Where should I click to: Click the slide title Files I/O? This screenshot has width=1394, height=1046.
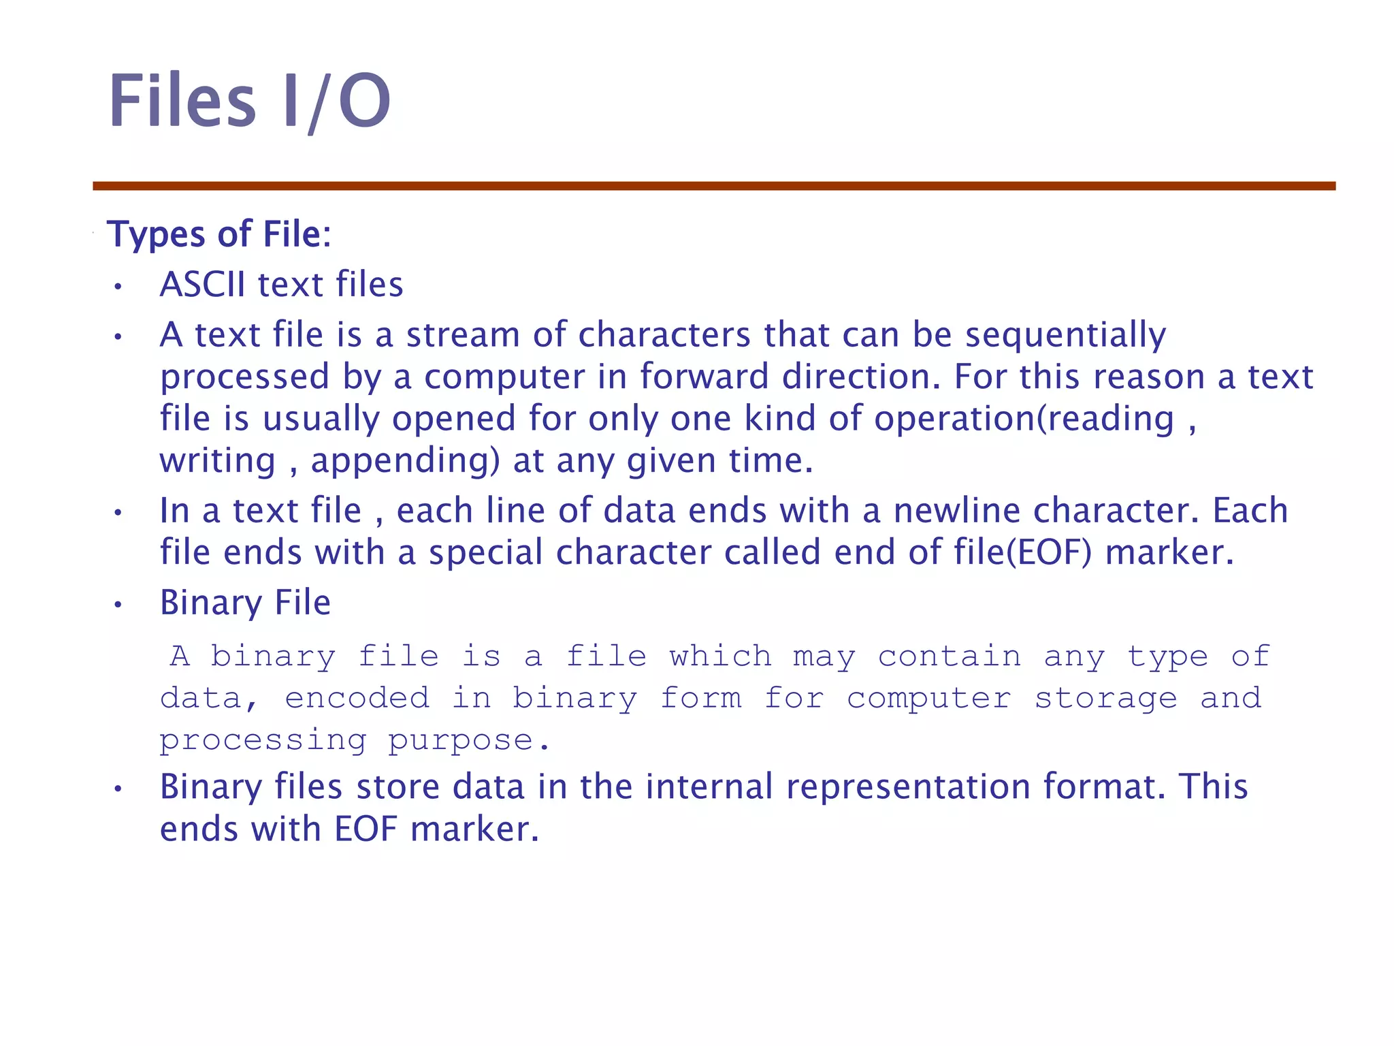point(250,101)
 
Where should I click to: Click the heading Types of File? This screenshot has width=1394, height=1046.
point(218,234)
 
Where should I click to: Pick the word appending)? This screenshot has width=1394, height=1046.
point(405,461)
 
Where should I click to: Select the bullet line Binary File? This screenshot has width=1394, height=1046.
point(245,603)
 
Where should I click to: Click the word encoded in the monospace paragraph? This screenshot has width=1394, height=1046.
point(357,698)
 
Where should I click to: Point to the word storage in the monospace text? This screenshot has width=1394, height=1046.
point(1105,698)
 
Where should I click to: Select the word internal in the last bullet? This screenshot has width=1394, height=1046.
point(709,787)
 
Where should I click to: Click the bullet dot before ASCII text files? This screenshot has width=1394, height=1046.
point(118,287)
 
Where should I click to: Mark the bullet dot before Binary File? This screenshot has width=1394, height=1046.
point(118,605)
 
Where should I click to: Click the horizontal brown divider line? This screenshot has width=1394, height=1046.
point(714,186)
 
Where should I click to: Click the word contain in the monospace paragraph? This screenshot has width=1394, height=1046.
point(949,656)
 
